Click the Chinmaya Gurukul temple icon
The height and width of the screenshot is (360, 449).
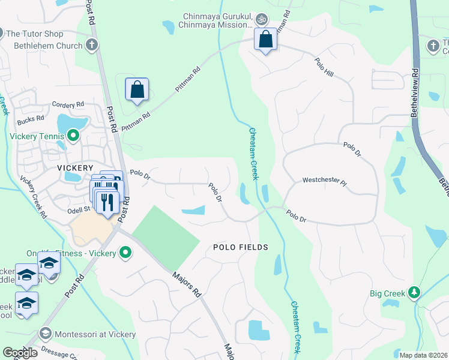click(261, 20)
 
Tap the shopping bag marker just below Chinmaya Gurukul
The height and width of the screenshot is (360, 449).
click(265, 40)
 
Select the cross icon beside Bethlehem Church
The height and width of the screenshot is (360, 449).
click(91, 45)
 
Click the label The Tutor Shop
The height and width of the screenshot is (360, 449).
click(34, 34)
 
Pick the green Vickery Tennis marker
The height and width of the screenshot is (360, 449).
click(73, 136)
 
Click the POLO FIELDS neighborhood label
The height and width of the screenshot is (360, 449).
click(240, 247)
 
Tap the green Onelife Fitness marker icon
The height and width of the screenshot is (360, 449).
click(125, 253)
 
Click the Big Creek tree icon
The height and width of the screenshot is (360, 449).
click(414, 293)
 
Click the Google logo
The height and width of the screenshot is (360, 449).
click(20, 353)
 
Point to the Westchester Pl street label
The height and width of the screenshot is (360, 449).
click(324, 180)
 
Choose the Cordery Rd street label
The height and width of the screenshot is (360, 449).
click(68, 104)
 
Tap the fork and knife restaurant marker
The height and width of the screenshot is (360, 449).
click(107, 202)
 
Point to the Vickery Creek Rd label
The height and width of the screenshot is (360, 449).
click(34, 196)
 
